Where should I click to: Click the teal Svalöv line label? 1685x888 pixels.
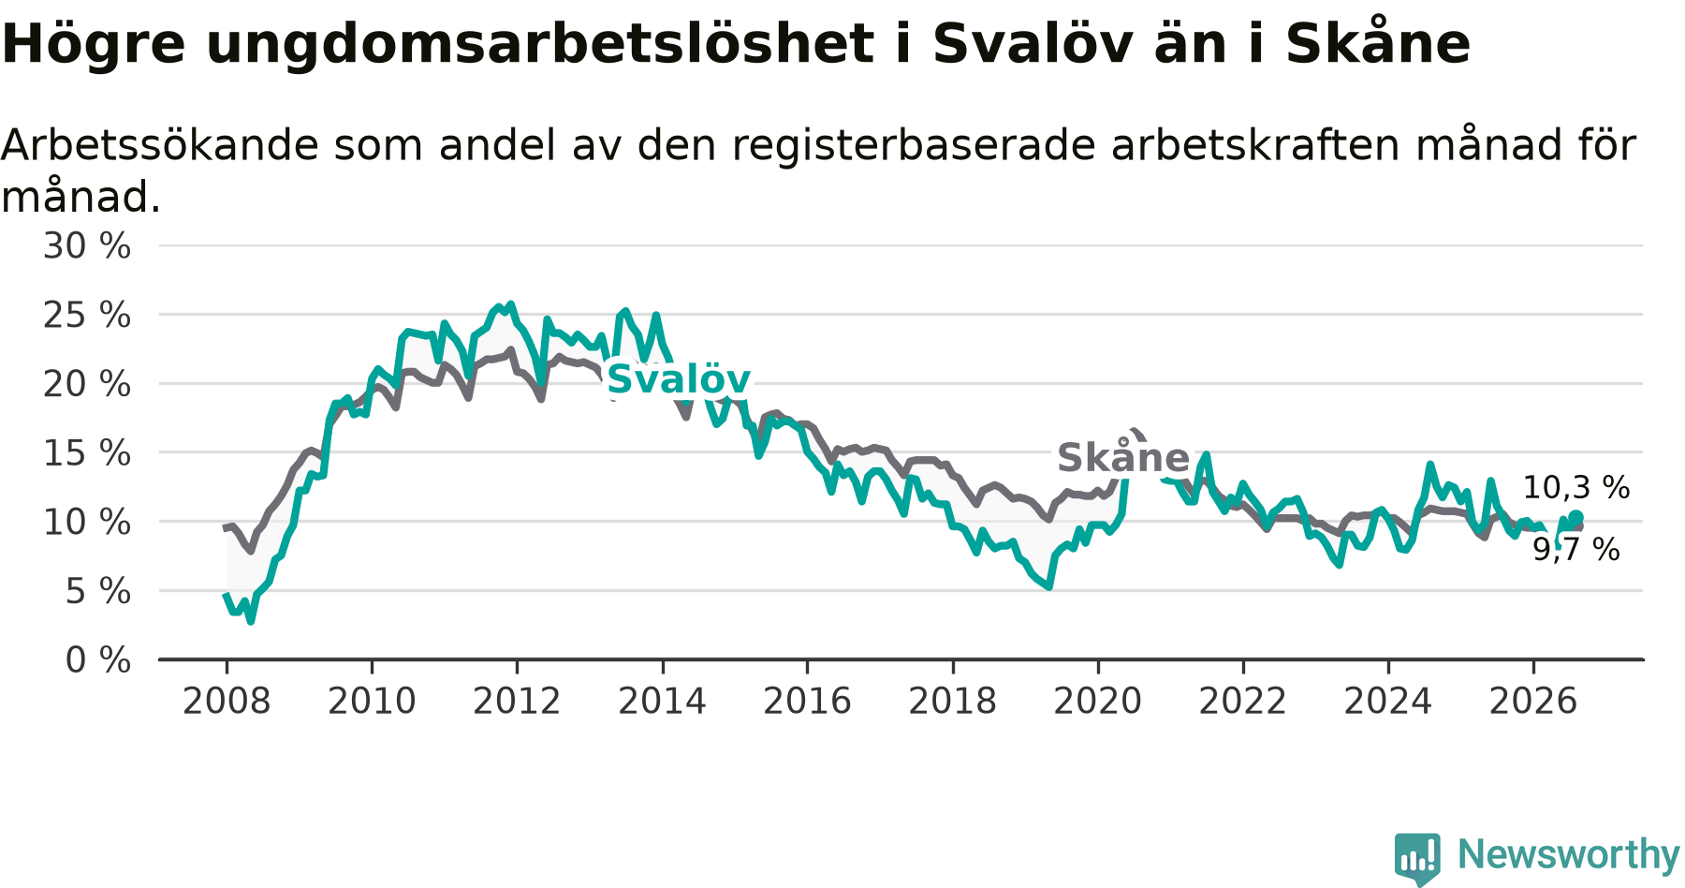point(679,379)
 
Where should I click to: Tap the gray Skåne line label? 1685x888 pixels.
point(1123,457)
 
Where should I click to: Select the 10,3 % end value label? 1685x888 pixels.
point(1576,487)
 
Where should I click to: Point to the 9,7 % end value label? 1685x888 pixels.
point(1576,550)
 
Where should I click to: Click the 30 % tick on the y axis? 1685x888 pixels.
point(87,246)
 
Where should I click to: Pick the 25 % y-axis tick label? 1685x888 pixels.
point(87,316)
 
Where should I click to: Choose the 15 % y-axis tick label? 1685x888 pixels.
point(87,453)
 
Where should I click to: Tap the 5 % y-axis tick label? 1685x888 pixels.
point(98,591)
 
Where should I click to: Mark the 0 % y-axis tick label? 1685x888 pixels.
point(98,660)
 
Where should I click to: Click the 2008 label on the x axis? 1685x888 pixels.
point(227,701)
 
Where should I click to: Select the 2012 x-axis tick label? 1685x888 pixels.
point(517,701)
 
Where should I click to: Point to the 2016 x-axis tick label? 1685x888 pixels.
point(807,701)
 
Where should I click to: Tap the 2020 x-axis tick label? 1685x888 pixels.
point(1098,701)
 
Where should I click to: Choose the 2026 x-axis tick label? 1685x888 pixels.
point(1533,701)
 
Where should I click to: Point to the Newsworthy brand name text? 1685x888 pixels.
point(1568,854)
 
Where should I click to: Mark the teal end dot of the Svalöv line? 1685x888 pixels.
point(1576,517)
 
